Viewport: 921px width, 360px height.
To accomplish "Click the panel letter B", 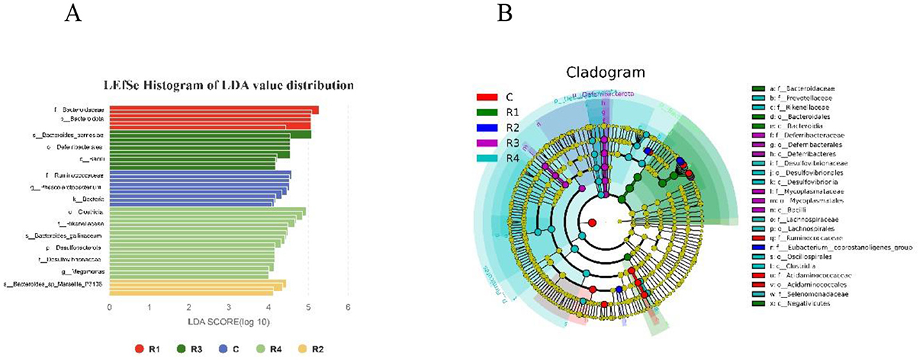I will tap(505, 13).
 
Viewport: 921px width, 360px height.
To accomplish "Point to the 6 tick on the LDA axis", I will tap(348, 306).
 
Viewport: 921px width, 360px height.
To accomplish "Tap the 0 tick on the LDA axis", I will tap(109, 306).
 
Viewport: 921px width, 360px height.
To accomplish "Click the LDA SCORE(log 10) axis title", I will tap(228, 322).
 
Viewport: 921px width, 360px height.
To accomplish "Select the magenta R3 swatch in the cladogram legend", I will tap(486, 142).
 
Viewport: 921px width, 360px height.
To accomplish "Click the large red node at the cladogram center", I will tap(592, 223).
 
